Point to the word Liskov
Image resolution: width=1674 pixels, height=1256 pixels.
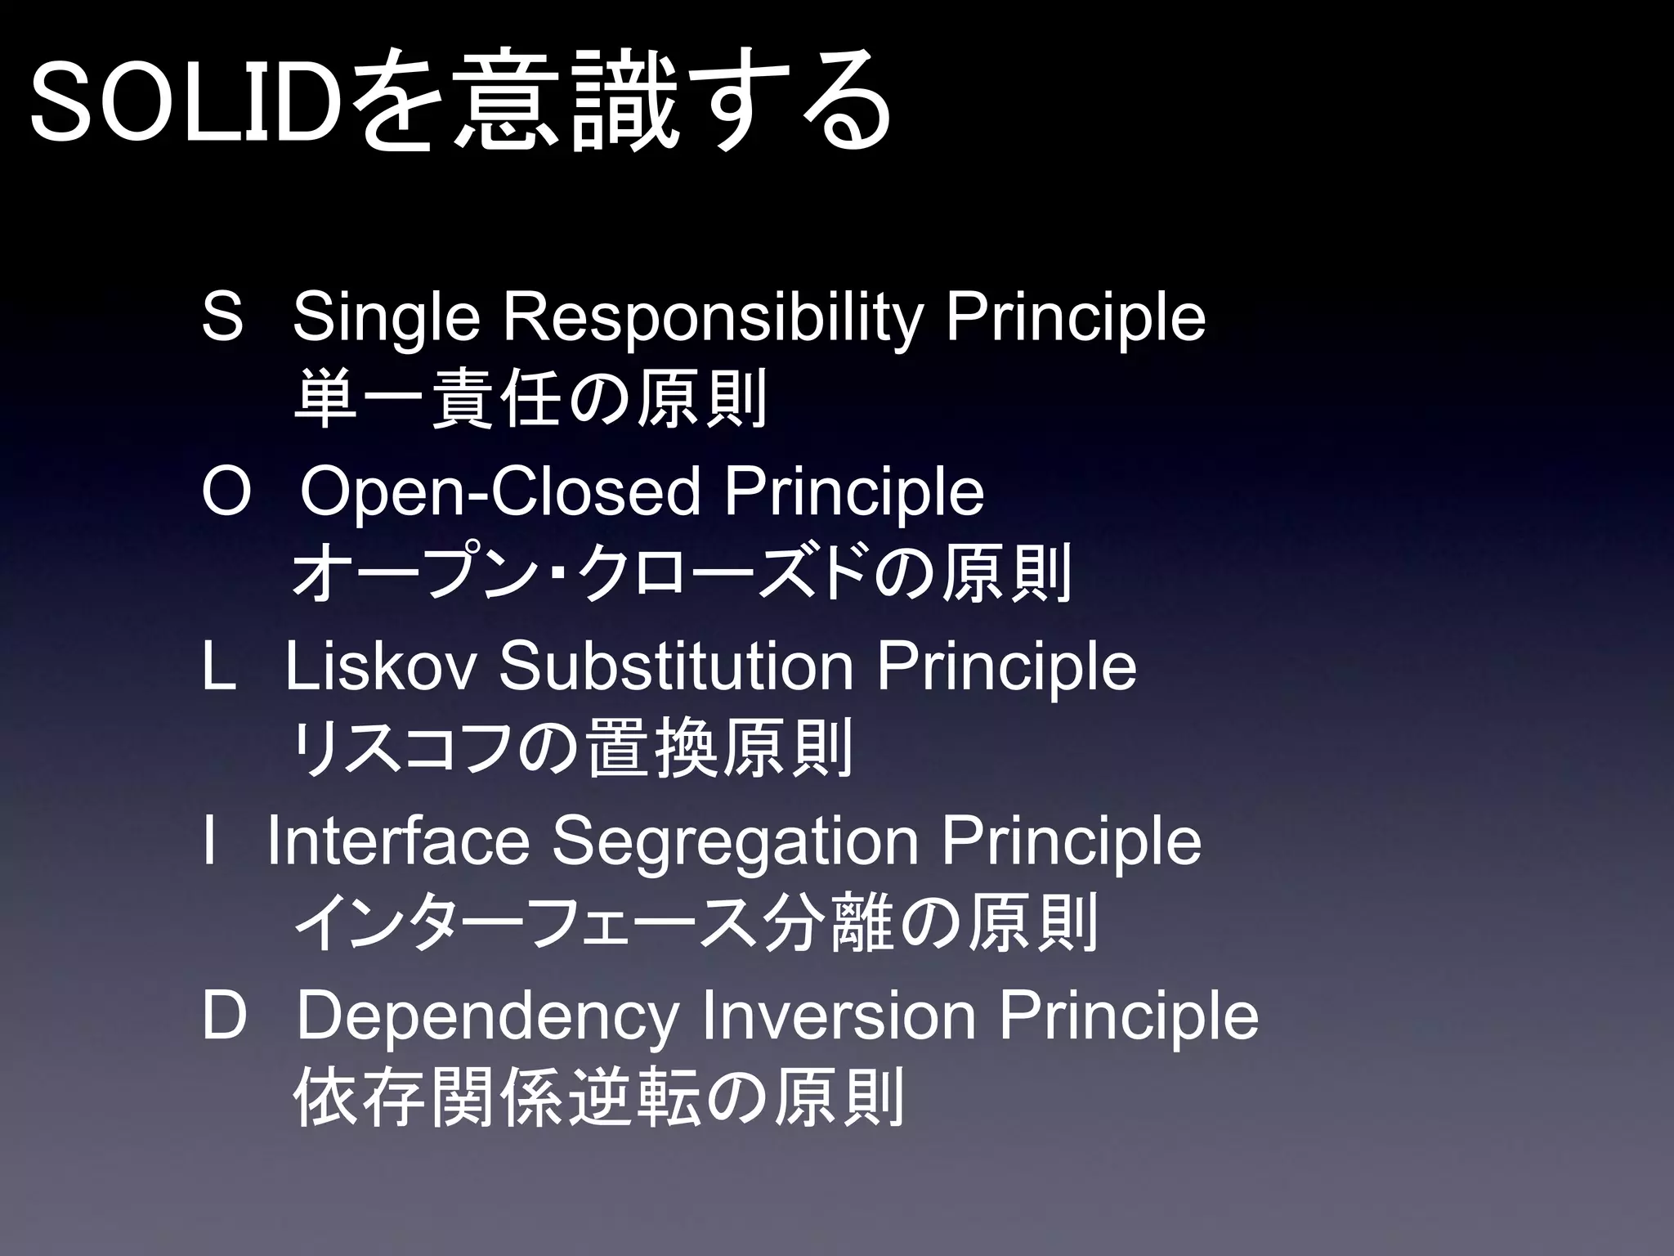(380, 667)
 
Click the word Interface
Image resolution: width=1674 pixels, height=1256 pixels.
(398, 841)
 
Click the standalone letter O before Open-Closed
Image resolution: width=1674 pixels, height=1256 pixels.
(225, 492)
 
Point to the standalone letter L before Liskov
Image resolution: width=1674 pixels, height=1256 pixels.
(218, 667)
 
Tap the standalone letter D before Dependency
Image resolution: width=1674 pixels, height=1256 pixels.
(224, 1016)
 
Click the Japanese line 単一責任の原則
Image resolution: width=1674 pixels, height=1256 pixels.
(530, 399)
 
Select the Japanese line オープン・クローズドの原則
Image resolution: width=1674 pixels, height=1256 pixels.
(682, 574)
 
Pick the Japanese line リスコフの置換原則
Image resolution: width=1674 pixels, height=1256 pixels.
(572, 749)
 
